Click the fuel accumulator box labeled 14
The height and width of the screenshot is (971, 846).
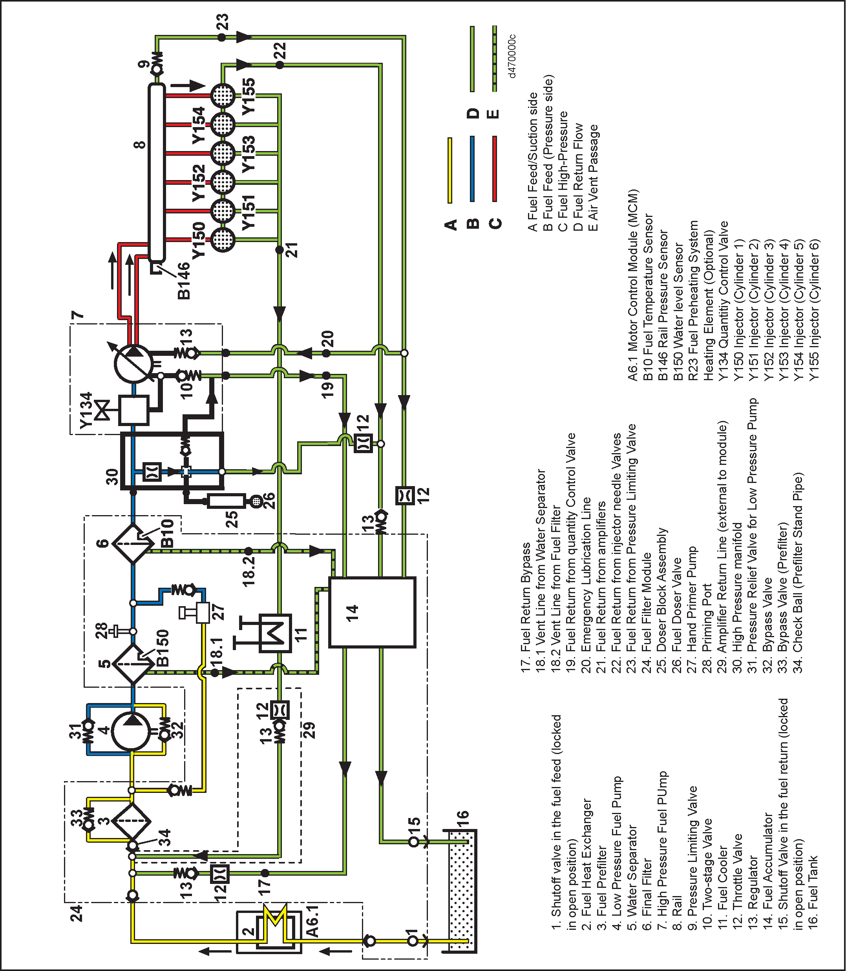click(x=372, y=612)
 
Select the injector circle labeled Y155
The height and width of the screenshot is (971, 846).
click(x=222, y=95)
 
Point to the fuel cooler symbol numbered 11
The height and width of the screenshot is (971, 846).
click(x=275, y=633)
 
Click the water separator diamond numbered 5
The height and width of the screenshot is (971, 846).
click(x=133, y=664)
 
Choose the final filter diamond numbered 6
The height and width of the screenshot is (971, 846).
click(x=133, y=543)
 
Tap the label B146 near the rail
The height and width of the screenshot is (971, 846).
click(x=184, y=281)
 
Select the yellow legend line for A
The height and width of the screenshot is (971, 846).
click(x=449, y=170)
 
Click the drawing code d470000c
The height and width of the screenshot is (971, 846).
click(x=512, y=56)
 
